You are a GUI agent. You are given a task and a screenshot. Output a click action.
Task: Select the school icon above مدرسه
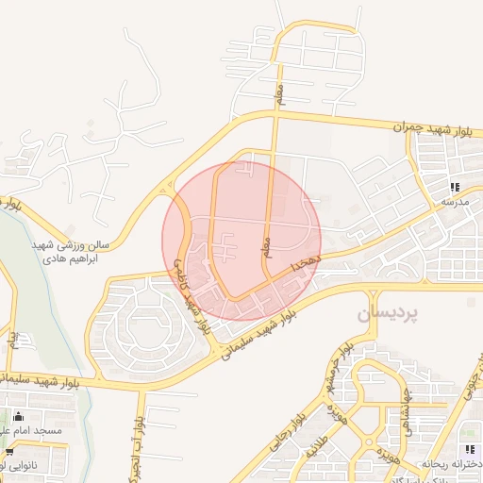455,187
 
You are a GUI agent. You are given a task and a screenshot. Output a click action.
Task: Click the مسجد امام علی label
38,430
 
